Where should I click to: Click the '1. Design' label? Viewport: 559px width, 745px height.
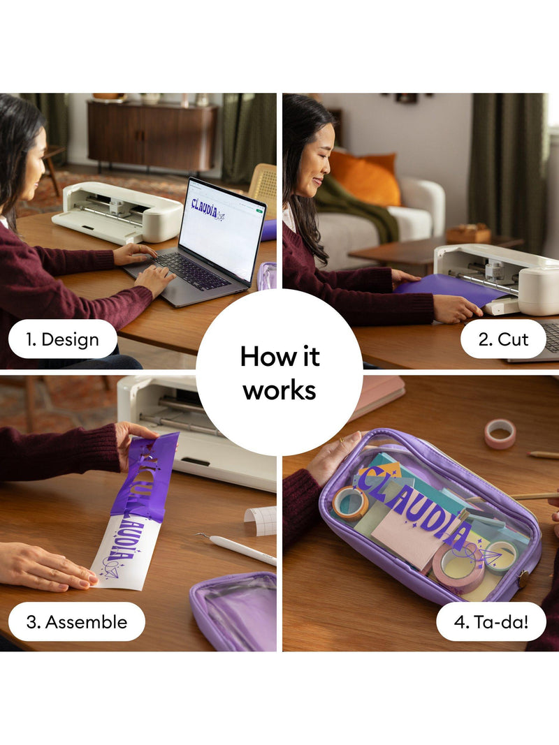click(62, 340)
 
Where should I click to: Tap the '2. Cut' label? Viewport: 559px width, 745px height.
click(503, 339)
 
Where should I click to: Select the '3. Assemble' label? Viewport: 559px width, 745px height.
click(77, 622)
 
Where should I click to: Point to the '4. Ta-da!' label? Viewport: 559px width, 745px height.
click(491, 622)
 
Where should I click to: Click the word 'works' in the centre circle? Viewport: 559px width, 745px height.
click(279, 390)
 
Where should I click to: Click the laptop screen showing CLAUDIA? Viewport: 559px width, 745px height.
click(222, 229)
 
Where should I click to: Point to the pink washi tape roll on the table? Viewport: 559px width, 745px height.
click(500, 434)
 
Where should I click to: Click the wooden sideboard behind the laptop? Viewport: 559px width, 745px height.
click(152, 136)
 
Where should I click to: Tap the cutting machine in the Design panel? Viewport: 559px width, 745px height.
click(117, 212)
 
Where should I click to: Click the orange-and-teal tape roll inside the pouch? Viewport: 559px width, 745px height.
click(350, 503)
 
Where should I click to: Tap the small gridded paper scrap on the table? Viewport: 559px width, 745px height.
click(261, 520)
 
